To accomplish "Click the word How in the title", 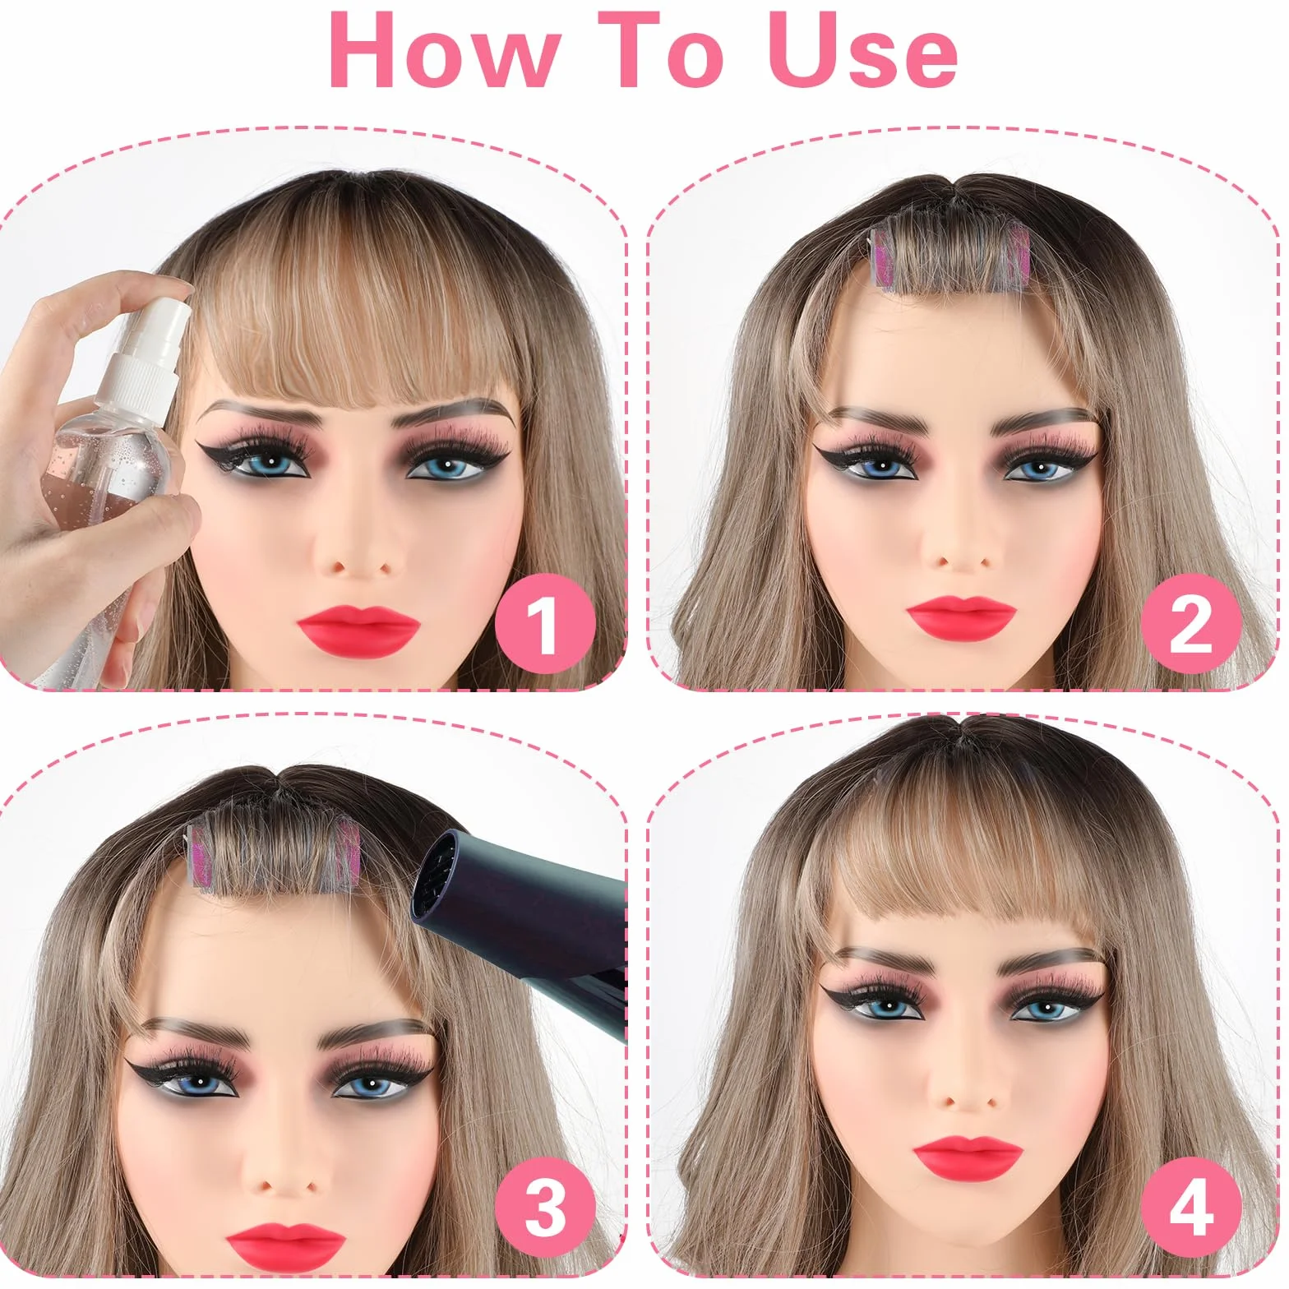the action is tap(444, 51).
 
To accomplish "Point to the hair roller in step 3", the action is tap(270, 854).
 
